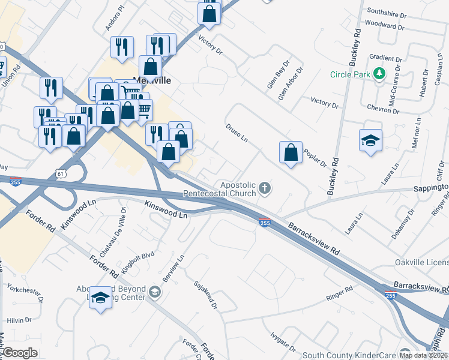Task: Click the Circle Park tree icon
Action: point(379,74)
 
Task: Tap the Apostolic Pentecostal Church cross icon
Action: point(265,190)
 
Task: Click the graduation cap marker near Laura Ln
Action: point(370,141)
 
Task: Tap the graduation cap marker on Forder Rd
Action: point(101,298)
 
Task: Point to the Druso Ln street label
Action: point(237,134)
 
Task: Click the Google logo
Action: point(20,353)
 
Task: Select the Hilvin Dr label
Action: point(19,321)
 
